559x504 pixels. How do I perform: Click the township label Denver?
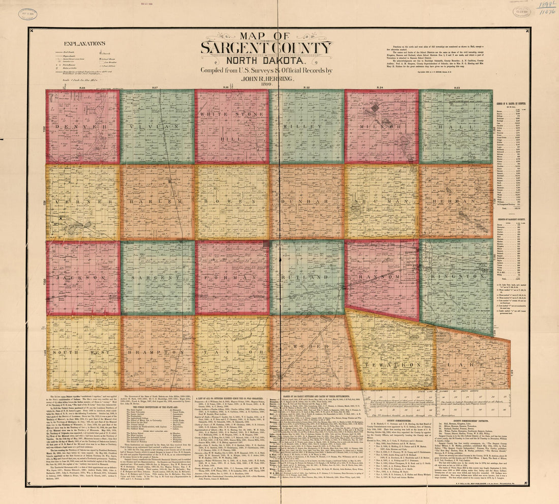[83, 126]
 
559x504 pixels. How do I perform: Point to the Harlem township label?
[157, 202]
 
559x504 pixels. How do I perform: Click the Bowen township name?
[232, 202]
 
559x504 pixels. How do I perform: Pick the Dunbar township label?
[306, 202]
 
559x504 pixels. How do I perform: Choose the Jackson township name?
[83, 278]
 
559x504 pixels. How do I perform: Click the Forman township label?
[232, 278]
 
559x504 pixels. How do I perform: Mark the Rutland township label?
[306, 278]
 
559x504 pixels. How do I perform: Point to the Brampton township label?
[157, 352]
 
